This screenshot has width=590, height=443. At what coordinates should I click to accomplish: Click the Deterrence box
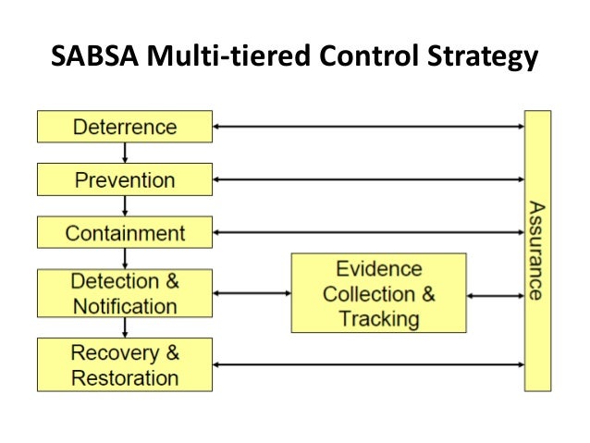pyautogui.click(x=125, y=126)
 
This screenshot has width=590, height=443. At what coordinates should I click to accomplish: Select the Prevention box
pyautogui.click(x=125, y=178)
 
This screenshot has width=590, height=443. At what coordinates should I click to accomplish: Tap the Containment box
pyautogui.click(x=125, y=232)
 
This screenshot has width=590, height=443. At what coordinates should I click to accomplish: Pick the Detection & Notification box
pyautogui.click(x=125, y=292)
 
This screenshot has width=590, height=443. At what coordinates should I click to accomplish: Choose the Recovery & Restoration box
pyautogui.click(x=125, y=363)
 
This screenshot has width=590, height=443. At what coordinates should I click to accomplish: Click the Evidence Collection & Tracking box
pyautogui.click(x=379, y=293)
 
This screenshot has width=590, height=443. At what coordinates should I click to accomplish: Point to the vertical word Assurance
pyautogui.click(x=536, y=250)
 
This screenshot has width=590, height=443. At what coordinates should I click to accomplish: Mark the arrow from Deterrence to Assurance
pyautogui.click(x=368, y=126)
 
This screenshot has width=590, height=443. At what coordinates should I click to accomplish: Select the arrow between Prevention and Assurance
pyautogui.click(x=368, y=178)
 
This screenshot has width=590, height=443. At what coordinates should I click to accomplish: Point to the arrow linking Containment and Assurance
pyautogui.click(x=368, y=232)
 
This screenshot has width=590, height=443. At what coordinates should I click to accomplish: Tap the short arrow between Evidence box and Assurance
pyautogui.click(x=496, y=296)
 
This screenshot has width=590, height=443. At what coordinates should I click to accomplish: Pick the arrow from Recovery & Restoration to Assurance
pyautogui.click(x=368, y=363)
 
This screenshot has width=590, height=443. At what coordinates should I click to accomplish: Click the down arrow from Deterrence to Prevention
pyautogui.click(x=125, y=153)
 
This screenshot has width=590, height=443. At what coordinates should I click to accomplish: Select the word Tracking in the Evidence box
pyautogui.click(x=379, y=319)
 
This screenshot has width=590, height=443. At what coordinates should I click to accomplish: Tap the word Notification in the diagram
pyautogui.click(x=125, y=306)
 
